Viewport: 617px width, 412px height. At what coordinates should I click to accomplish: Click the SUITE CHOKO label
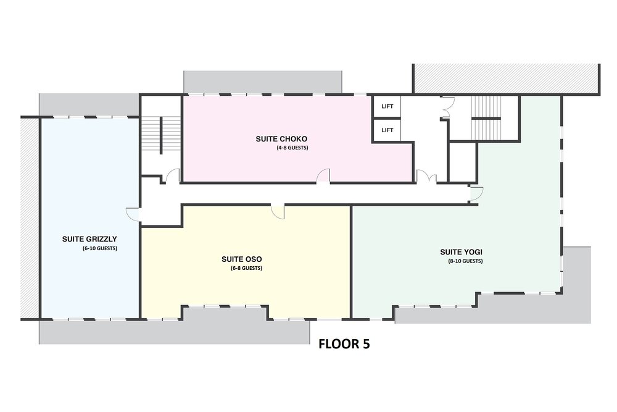(281, 138)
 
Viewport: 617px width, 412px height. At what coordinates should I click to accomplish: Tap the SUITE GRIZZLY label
(89, 238)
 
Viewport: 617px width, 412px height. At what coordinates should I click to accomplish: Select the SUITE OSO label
(242, 259)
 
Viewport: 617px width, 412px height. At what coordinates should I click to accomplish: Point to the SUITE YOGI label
(461, 252)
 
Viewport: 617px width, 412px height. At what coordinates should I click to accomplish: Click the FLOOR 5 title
(344, 344)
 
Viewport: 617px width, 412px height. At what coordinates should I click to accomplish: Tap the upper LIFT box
(387, 106)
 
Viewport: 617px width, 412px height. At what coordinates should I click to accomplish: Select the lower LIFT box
(387, 130)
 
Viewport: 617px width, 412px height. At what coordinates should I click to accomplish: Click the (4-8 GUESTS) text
(292, 148)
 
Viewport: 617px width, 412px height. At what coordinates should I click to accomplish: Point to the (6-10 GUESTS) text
(100, 248)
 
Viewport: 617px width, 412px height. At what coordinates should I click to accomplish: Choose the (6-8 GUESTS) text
(246, 268)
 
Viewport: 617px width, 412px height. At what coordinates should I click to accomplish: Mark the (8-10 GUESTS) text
(465, 261)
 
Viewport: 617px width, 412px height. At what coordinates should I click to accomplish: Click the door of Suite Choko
(323, 175)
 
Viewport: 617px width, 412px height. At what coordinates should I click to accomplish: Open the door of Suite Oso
(278, 211)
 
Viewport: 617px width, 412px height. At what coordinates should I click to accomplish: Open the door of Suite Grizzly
(133, 214)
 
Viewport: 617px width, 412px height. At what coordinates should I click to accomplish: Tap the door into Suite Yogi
(476, 193)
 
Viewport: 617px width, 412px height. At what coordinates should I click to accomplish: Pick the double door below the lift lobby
(426, 176)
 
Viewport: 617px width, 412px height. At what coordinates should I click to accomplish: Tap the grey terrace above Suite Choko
(262, 82)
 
